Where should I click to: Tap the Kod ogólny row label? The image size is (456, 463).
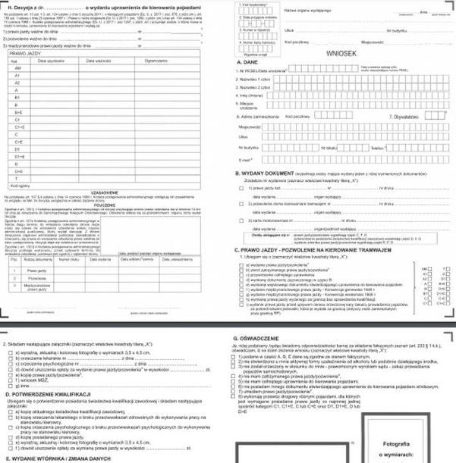pyautogui.click(x=17, y=183)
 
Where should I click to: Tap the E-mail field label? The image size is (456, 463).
pyautogui.click(x=245, y=161)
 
